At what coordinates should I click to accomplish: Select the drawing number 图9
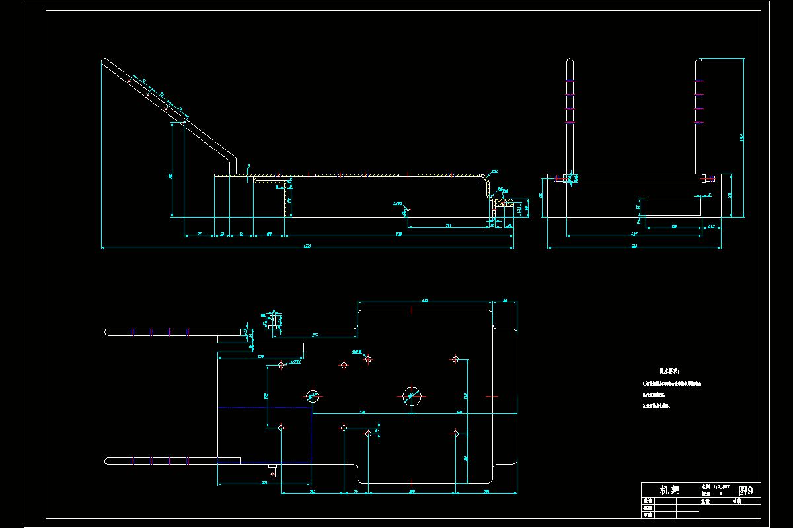[745, 490]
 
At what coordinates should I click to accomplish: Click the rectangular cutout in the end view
[673, 207]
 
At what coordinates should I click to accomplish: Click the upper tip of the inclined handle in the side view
[105, 61]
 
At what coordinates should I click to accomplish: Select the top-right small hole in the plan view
[455, 359]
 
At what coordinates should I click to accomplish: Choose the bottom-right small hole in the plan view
[455, 434]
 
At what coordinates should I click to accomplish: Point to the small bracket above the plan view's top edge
[272, 321]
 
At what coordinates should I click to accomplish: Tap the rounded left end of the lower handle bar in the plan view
[107, 460]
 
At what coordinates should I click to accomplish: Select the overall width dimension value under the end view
[634, 246]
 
